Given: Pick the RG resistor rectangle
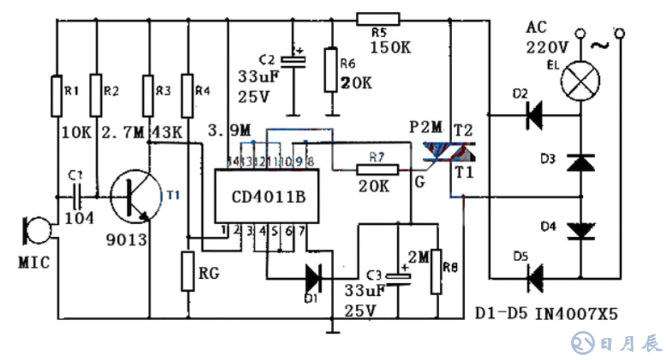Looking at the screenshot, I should pos(188,270).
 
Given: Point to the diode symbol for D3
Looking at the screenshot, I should pos(582,162).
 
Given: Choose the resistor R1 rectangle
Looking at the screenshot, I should pos(56,96).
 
